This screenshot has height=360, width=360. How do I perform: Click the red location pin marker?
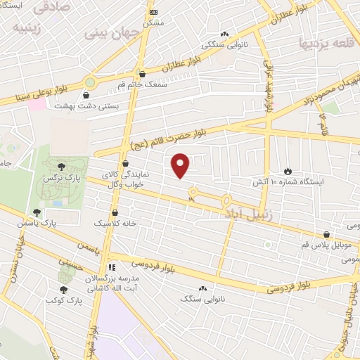181,166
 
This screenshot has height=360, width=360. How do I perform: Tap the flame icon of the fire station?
288,171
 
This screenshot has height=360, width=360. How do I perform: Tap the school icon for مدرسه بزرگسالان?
111,267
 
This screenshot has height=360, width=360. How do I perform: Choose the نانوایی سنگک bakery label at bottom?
200,298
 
